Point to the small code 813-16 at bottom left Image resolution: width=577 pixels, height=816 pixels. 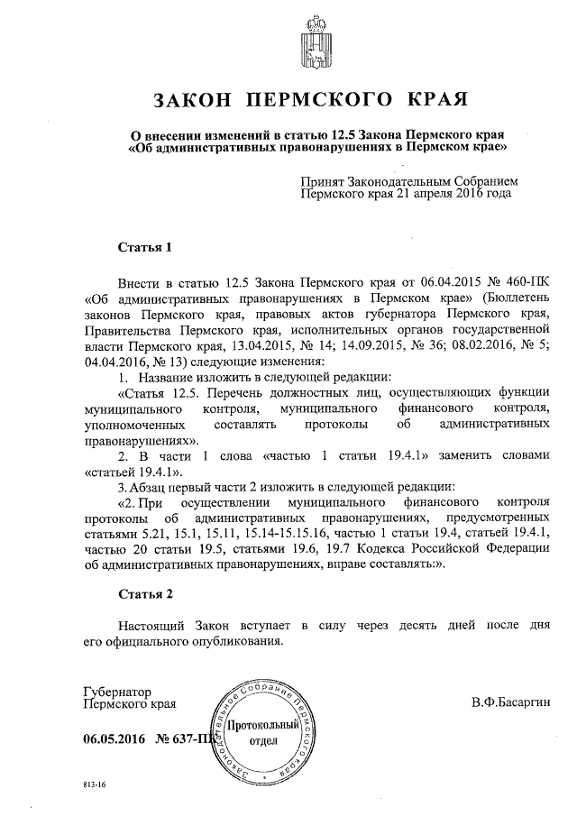coord(93,785)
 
